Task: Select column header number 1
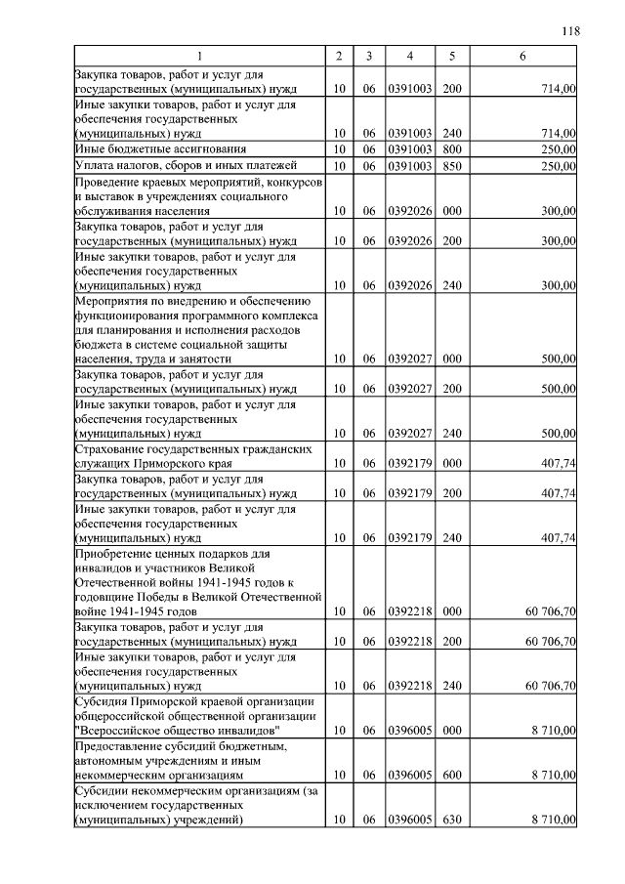199,56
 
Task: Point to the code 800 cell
451,148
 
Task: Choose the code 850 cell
451,166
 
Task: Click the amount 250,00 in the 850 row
559,166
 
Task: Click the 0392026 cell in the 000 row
410,210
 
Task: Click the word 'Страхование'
110,448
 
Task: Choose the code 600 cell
451,775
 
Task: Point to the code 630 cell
451,819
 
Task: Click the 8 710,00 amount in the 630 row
554,819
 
